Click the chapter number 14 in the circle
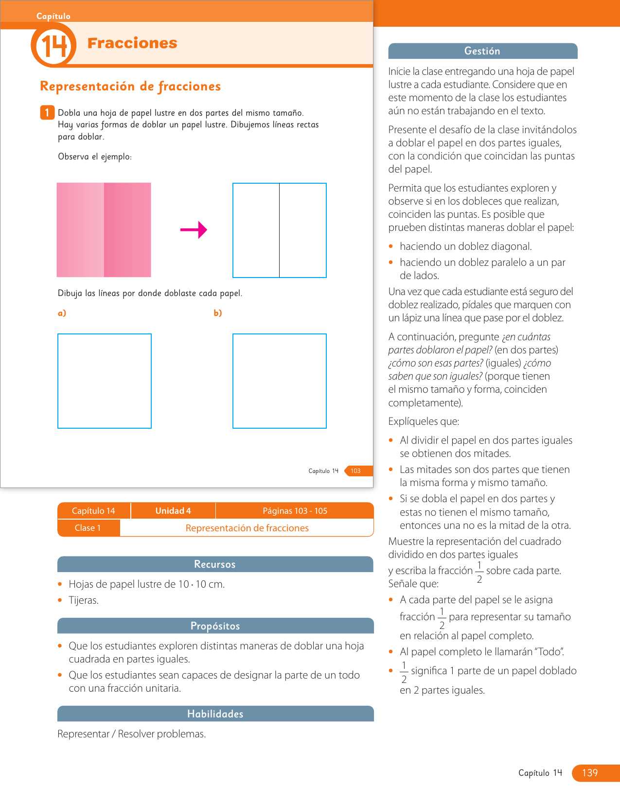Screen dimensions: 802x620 (53, 47)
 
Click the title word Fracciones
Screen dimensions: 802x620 (132, 43)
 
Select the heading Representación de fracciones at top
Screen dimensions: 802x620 (130, 87)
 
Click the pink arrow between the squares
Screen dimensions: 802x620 (194, 230)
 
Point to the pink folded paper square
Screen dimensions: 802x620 (104, 230)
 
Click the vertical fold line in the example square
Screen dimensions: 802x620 (280, 230)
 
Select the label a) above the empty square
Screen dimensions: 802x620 (62, 313)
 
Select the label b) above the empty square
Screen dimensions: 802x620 (218, 313)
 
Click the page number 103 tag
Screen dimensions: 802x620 (356, 471)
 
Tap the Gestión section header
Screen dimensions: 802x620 (482, 51)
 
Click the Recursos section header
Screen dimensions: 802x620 (215, 564)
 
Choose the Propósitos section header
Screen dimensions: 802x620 (215, 626)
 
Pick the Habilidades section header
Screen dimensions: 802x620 (215, 714)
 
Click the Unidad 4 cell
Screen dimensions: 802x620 (173, 511)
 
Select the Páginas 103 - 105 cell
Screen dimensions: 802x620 (295, 511)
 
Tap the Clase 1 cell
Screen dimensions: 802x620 (88, 528)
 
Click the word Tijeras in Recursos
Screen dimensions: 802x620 (84, 600)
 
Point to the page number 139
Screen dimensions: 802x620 (590, 773)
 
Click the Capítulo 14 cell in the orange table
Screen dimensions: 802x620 (93, 511)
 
